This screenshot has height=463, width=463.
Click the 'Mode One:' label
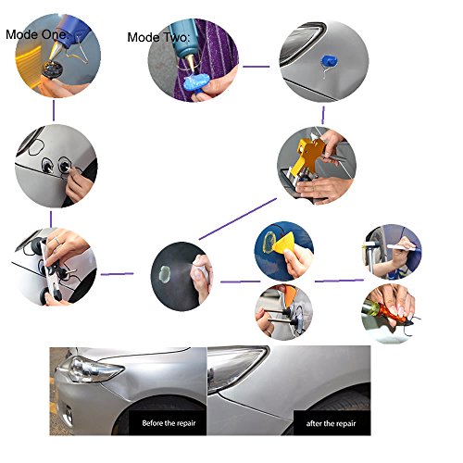(36, 34)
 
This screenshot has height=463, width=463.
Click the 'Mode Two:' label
(158, 37)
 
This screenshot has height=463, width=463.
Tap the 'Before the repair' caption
(169, 423)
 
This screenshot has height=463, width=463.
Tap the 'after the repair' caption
(331, 423)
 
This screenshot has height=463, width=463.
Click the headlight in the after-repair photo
(235, 367)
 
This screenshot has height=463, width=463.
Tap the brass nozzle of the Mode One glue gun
(56, 51)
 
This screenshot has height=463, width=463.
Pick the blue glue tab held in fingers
(196, 82)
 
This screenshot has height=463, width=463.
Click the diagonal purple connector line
(238, 219)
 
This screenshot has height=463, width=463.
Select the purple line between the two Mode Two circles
(256, 66)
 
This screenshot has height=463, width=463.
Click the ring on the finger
(57, 240)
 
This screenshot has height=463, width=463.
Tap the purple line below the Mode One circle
(54, 110)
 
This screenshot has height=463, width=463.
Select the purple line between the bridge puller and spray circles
(118, 274)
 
